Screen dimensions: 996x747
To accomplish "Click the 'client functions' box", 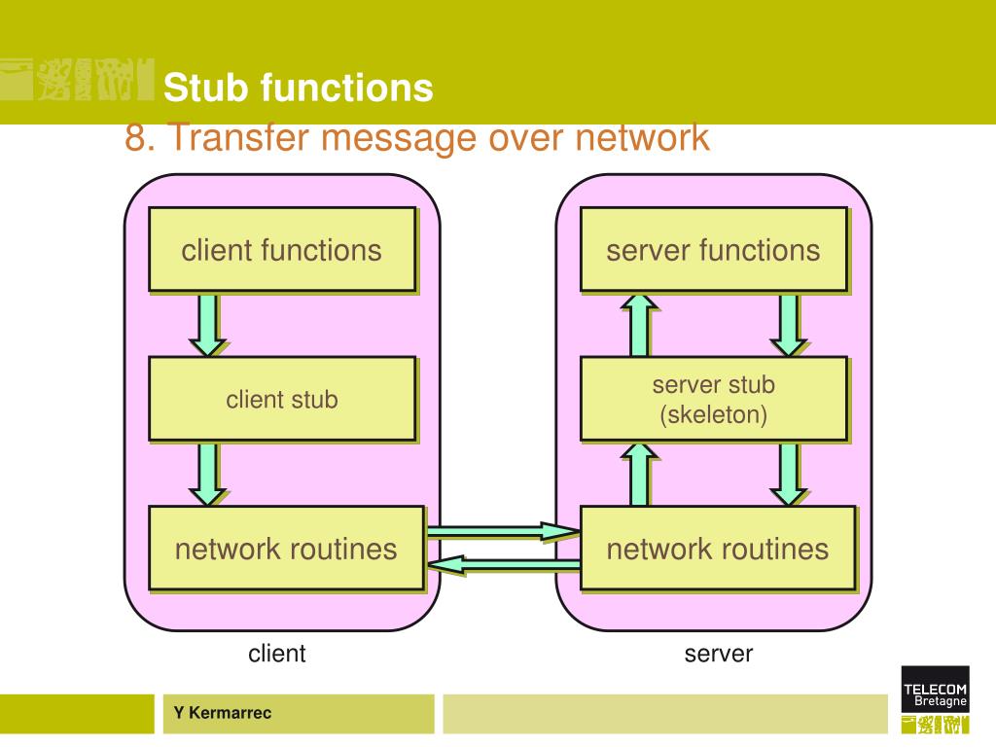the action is pyautogui.click(x=283, y=250).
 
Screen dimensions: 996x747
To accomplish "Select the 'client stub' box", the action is pyautogui.click(x=283, y=399).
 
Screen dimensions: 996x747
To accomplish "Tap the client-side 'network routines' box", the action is pyautogui.click(x=287, y=549).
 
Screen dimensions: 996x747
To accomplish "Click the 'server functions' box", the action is pyautogui.click(x=714, y=250).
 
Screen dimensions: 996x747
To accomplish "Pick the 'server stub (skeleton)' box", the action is pyautogui.click(x=714, y=399).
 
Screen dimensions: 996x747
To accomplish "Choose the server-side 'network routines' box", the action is pyautogui.click(x=718, y=549).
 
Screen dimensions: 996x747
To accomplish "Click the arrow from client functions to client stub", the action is pyautogui.click(x=208, y=325).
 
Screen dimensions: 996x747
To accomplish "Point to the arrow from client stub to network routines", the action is pyautogui.click(x=208, y=475).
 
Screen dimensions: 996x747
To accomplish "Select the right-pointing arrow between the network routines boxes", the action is pyautogui.click(x=504, y=531).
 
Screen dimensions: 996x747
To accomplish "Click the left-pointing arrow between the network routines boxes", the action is pyautogui.click(x=504, y=564).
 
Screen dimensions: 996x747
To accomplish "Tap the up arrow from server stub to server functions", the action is pyautogui.click(x=640, y=325).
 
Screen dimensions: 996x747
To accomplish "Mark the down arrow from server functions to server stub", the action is pyautogui.click(x=789, y=325).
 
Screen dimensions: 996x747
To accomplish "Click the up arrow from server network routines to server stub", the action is pyautogui.click(x=640, y=475).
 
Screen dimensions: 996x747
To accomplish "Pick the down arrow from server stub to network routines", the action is pyautogui.click(x=789, y=475).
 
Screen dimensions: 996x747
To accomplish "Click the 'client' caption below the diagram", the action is pyautogui.click(x=277, y=653).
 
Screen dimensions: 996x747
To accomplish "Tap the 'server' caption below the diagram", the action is pyautogui.click(x=719, y=654).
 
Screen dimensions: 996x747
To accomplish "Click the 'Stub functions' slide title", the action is pyautogui.click(x=298, y=87).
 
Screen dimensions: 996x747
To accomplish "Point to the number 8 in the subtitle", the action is pyautogui.click(x=135, y=137).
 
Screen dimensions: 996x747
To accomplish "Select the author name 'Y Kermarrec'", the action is pyautogui.click(x=223, y=713).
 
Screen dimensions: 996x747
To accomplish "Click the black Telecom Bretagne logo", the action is pyautogui.click(x=935, y=689).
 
